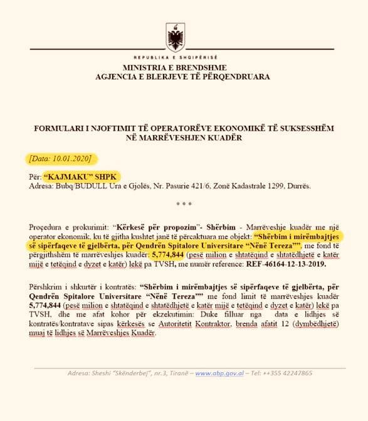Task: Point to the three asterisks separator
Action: [x=184, y=204]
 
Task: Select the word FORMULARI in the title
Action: [x=61, y=128]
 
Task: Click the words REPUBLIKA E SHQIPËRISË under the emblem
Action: [x=175, y=57]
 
